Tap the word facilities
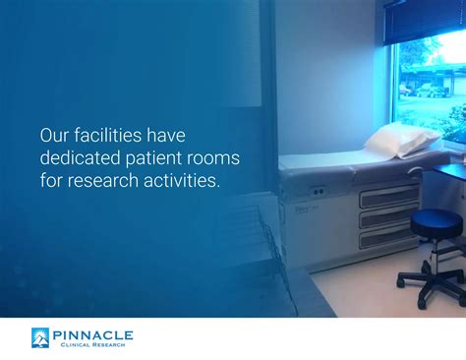click(x=108, y=135)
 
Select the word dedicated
click(x=81, y=157)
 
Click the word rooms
click(x=213, y=158)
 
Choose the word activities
click(x=182, y=180)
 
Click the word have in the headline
click(x=166, y=135)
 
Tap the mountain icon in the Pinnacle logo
click(x=40, y=337)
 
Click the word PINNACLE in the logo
click(x=92, y=335)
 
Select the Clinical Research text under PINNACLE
click(x=92, y=344)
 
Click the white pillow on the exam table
click(x=402, y=140)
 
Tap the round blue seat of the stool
click(x=437, y=223)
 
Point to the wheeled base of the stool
click(x=433, y=285)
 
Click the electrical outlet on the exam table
click(x=318, y=191)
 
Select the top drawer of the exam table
click(x=389, y=197)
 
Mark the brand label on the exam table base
click(x=306, y=210)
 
